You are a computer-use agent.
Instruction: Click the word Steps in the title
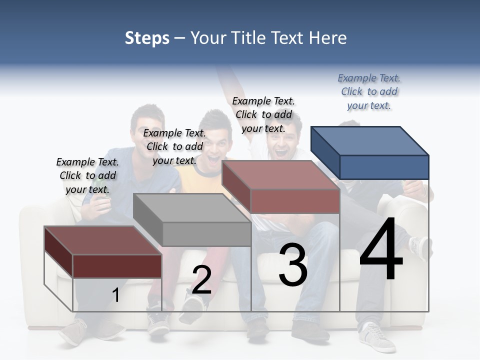[x=147, y=38]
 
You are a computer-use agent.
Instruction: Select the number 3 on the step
[x=293, y=264]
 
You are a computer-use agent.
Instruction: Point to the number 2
[x=201, y=280]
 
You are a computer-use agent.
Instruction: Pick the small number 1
[x=116, y=295]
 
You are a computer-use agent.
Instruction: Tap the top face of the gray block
[x=192, y=207]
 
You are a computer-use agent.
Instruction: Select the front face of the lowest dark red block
[x=117, y=266]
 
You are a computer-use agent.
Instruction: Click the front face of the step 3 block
[x=295, y=201]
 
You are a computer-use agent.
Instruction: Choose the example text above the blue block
[x=369, y=91]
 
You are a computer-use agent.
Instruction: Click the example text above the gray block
[x=174, y=146]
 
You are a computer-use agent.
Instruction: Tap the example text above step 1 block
[x=87, y=175]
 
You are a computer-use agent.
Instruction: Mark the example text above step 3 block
[x=263, y=114]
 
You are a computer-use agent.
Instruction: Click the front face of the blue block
[x=384, y=167]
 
